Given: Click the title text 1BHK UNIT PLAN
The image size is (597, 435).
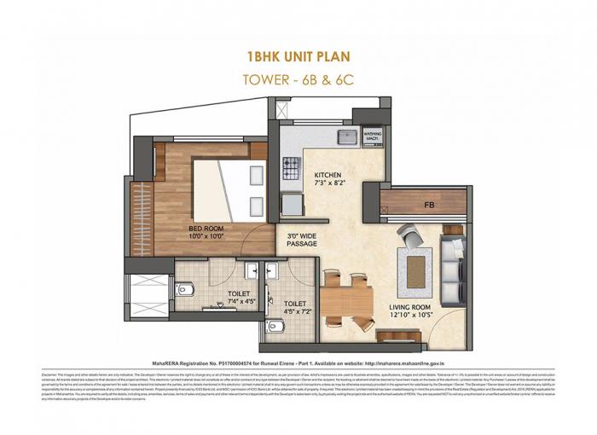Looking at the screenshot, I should tap(298, 58).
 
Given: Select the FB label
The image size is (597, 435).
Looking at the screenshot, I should tap(428, 205).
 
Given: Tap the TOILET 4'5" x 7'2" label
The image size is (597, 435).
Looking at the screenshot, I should tap(294, 307).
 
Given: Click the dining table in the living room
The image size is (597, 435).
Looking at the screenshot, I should tap(348, 300).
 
